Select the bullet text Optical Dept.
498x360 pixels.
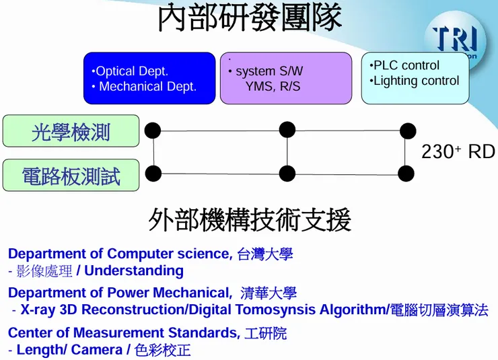tap(132, 71)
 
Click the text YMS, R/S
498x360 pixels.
tap(273, 87)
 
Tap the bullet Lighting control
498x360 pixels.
tap(416, 81)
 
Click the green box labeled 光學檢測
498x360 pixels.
tap(71, 131)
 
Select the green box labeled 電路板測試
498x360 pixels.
tap(71, 176)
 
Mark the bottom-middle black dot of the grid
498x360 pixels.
tap(287, 174)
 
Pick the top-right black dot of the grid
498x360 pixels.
tap(408, 131)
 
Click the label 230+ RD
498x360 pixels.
tap(458, 152)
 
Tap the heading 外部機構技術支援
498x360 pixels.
tap(249, 220)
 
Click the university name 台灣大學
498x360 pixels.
tap(265, 254)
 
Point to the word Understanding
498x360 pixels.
tap(134, 271)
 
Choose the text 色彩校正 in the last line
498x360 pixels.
tap(162, 350)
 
